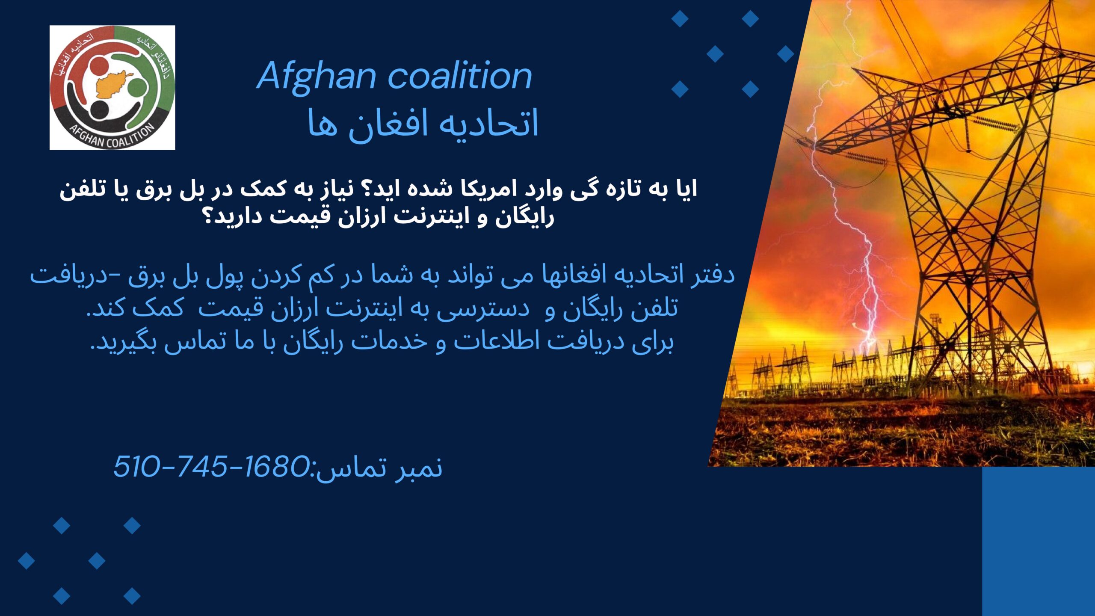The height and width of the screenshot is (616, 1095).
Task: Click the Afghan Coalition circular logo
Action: point(112,87)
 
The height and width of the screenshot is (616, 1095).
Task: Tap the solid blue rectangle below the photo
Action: point(1039,541)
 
